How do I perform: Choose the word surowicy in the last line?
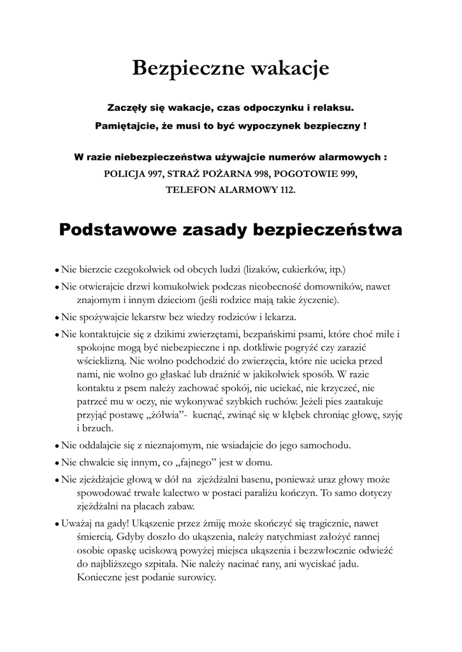[x=196, y=578]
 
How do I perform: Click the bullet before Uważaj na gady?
[x=57, y=524]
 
